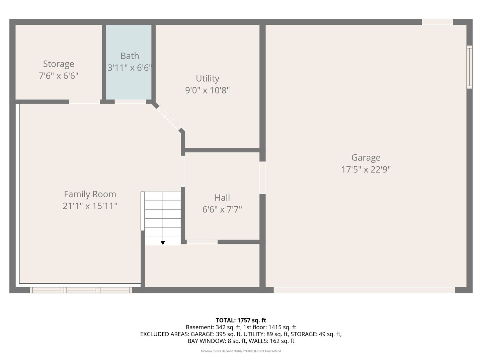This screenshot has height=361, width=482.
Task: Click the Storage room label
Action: click(x=59, y=64)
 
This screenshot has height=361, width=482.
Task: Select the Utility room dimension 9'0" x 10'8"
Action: click(x=208, y=90)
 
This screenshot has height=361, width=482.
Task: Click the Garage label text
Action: click(x=366, y=157)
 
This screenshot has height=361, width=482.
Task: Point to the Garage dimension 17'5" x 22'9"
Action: click(x=366, y=169)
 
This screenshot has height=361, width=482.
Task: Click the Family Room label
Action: click(x=90, y=194)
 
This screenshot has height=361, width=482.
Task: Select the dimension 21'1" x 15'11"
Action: click(x=90, y=206)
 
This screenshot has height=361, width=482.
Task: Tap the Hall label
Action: click(x=222, y=198)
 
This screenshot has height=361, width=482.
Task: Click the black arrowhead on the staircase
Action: click(x=163, y=243)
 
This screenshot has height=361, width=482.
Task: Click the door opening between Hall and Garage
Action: click(x=262, y=178)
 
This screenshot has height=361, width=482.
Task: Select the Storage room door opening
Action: click(x=84, y=102)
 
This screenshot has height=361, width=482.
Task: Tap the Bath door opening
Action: click(x=130, y=102)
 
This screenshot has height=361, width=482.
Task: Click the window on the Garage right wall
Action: click(x=469, y=67)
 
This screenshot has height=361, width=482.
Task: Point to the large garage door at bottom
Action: click(x=364, y=290)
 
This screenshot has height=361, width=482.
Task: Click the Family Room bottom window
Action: click(x=81, y=290)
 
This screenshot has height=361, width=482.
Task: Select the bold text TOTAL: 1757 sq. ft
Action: click(x=241, y=320)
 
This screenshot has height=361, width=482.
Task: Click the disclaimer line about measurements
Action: click(x=241, y=351)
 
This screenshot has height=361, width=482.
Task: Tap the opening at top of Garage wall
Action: click(x=437, y=22)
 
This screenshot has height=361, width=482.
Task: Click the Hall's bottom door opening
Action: click(x=202, y=242)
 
